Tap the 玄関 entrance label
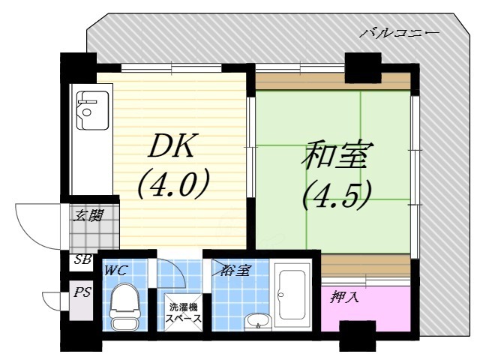coord(88,217)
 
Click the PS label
coord(82,292)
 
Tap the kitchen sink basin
coord(91,113)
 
